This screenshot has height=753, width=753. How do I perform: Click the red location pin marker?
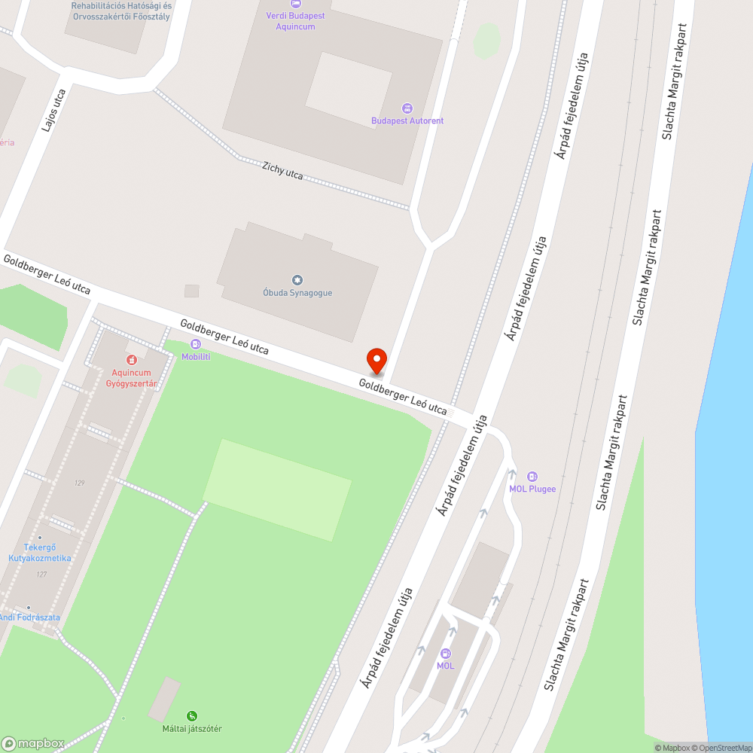(376, 361)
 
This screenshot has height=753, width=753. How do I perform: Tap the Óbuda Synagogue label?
(297, 293)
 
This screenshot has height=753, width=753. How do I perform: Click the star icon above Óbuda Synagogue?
(297, 280)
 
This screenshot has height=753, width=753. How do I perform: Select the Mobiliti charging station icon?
(196, 344)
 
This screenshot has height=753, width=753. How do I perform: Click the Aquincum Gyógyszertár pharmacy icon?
(132, 361)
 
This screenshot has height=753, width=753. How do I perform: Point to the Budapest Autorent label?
(407, 120)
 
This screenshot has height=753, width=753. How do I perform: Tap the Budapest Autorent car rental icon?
(407, 108)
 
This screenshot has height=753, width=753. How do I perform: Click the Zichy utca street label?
(282, 171)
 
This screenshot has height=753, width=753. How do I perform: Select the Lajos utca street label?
(54, 111)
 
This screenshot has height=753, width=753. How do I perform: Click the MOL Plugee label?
(532, 489)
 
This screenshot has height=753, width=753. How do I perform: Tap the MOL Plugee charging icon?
(532, 476)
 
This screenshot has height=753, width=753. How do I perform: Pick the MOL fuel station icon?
(445, 654)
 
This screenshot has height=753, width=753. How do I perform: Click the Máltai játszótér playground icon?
(192, 716)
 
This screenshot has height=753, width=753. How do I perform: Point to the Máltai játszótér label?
(192, 729)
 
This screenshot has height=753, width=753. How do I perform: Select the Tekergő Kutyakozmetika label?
(39, 553)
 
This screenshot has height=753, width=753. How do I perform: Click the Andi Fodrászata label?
(29, 617)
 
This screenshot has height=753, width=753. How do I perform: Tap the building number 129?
(79, 483)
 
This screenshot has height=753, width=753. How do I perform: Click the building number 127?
(41, 575)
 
